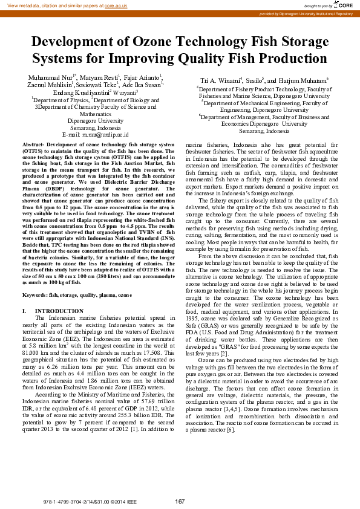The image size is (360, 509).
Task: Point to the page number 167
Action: (x=180, y=501)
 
